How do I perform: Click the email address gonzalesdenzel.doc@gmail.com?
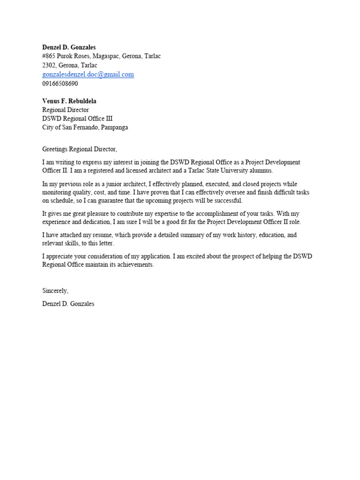(x=88, y=75)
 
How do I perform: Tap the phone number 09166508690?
(x=60, y=83)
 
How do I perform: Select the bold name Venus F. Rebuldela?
(x=69, y=101)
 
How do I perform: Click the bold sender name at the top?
(x=69, y=47)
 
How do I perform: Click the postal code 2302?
(x=49, y=65)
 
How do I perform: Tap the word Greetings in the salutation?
(x=56, y=150)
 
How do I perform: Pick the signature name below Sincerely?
(x=68, y=304)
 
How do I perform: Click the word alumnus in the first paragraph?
(x=260, y=171)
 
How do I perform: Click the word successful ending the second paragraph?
(x=228, y=201)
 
